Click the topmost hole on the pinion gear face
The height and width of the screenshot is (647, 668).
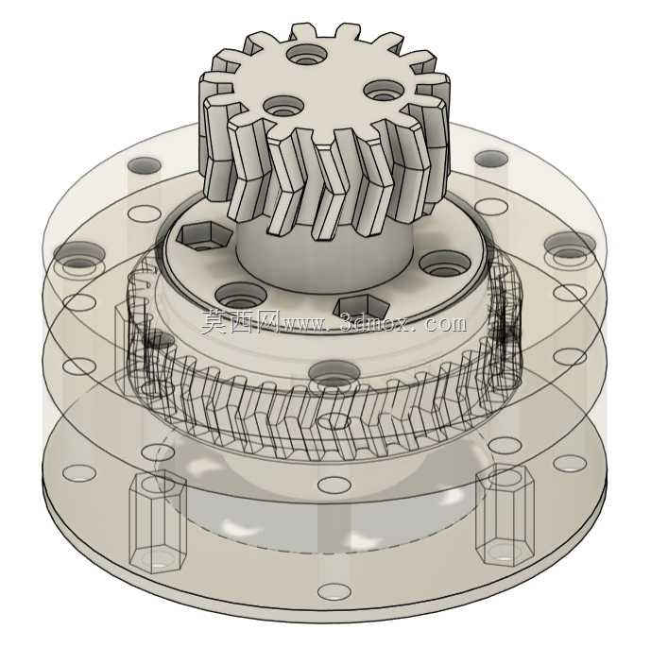(307, 55)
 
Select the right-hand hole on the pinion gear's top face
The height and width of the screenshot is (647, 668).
(384, 91)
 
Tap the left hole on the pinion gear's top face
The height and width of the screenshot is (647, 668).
(283, 106)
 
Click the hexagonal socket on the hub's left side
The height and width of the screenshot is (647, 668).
(204, 234)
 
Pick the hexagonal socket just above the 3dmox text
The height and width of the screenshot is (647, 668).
(361, 308)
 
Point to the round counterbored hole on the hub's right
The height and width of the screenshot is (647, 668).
(445, 264)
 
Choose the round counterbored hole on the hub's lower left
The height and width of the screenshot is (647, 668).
(241, 296)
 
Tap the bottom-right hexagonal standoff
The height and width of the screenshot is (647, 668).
(505, 516)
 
